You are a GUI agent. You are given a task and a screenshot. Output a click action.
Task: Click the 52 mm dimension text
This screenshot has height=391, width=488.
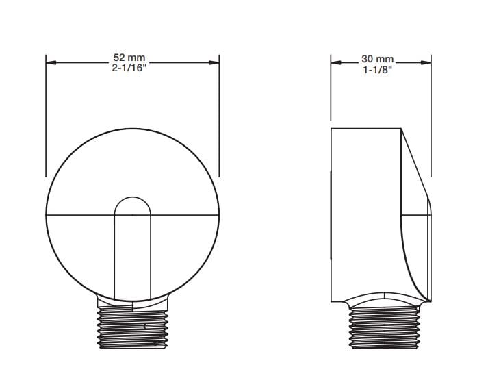point(129,58)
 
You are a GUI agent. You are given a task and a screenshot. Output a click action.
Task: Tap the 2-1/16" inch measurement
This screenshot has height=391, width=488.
point(129,68)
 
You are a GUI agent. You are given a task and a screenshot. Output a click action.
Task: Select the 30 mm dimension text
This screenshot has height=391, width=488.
point(378,59)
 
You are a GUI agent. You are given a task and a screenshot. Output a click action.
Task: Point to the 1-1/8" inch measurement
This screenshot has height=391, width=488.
point(377,69)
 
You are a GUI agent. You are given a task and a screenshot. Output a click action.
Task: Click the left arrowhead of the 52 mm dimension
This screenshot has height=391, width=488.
point(51,62)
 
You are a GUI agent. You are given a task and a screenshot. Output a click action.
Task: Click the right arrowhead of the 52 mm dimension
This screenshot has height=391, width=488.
point(214,62)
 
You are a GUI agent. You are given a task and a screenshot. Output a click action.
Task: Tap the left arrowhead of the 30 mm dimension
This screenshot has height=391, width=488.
point(336,62)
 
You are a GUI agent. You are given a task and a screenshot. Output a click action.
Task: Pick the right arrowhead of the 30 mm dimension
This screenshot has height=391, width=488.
point(426,62)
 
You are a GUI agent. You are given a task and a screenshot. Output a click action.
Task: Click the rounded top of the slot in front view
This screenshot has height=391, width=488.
point(133,197)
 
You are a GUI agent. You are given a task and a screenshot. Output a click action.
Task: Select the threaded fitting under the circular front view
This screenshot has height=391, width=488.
point(133,327)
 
